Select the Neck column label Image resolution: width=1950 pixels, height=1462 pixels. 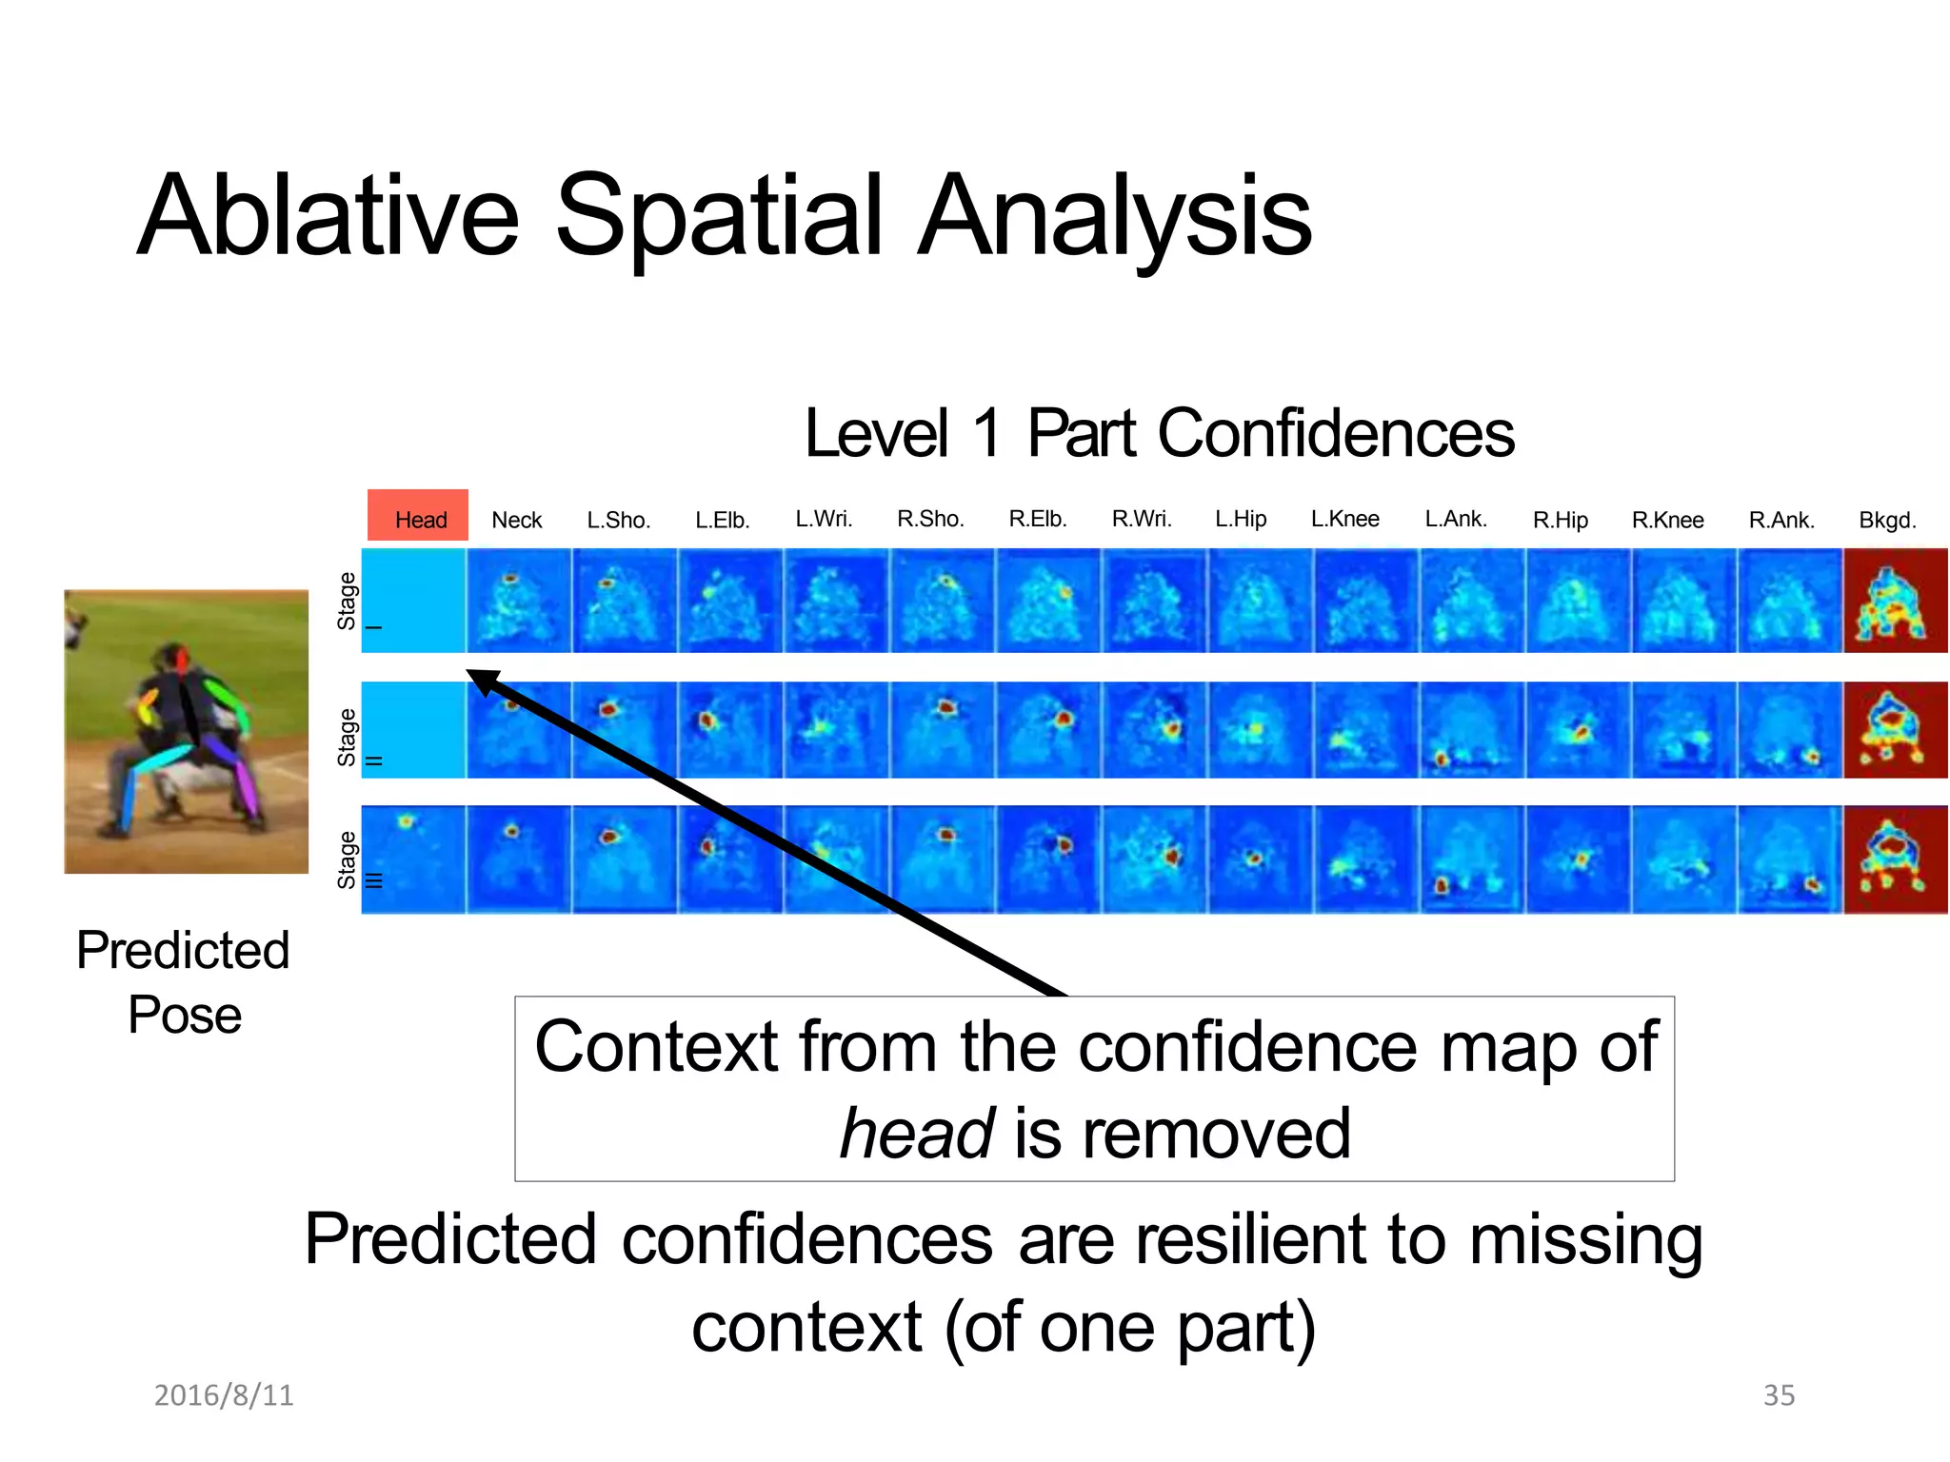coord(517,520)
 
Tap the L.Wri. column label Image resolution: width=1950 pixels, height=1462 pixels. coord(824,519)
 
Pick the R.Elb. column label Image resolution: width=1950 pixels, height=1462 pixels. coord(1038,519)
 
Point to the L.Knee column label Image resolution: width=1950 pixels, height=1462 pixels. coord(1344,519)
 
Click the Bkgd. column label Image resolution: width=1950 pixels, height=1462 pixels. coord(1887,520)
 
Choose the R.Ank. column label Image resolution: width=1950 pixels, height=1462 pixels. coord(1781,520)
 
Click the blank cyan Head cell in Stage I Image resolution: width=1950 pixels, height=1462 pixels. coord(414,601)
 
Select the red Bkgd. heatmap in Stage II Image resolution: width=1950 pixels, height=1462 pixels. coord(1895,730)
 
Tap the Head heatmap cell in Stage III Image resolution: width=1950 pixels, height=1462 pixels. coord(414,859)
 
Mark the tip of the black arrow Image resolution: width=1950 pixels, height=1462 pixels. coord(468,672)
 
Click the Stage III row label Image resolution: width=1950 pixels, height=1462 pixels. coord(348,859)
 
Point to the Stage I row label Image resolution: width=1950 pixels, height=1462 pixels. coord(348,601)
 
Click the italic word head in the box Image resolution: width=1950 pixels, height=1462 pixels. coord(917,1134)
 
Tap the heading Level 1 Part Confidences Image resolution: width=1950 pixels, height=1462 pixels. coord(1159,433)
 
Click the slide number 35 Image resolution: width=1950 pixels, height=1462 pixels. coord(1779,1395)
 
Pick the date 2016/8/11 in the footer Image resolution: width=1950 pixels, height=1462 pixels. coord(224,1395)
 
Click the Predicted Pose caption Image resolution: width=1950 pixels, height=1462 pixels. coord(184,981)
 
